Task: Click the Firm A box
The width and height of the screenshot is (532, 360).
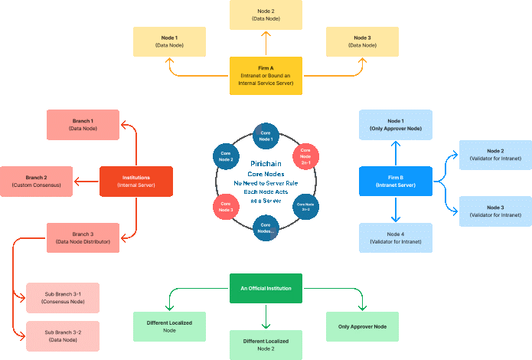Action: pyautogui.click(x=266, y=75)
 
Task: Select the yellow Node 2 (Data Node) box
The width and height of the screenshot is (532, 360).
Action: pyautogui.click(x=266, y=15)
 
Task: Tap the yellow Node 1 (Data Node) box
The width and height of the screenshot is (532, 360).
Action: pyautogui.click(x=169, y=41)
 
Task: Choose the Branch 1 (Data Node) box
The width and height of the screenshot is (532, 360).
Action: pyautogui.click(x=83, y=124)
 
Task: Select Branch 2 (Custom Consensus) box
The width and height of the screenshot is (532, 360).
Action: pyautogui.click(x=37, y=181)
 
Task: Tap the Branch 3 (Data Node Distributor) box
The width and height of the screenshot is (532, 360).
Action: pyautogui.click(x=83, y=237)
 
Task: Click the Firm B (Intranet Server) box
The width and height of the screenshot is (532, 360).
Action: pyautogui.click(x=396, y=181)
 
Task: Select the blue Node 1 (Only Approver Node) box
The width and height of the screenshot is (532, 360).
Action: pyautogui.click(x=396, y=124)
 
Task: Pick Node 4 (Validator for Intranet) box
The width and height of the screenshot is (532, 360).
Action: pyautogui.click(x=396, y=237)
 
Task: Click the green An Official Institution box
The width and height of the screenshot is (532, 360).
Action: pyautogui.click(x=266, y=288)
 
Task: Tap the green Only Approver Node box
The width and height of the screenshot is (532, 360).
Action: pyautogui.click(x=362, y=326)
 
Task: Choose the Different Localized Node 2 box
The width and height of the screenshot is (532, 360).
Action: pyautogui.click(x=266, y=344)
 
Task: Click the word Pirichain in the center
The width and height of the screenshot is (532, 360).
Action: pyautogui.click(x=266, y=164)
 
